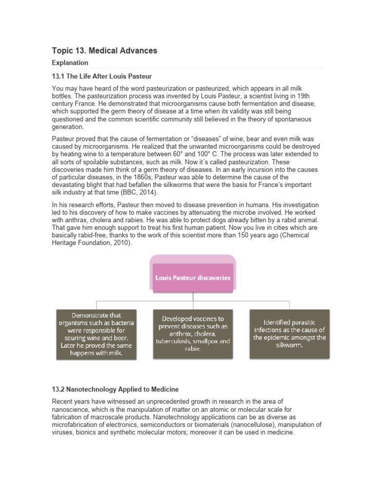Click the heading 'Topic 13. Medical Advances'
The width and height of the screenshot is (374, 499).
point(104,51)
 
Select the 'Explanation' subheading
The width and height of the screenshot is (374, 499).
point(70,63)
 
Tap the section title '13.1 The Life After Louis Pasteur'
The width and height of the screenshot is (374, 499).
point(102,77)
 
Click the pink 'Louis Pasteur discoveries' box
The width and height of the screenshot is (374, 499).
point(193,278)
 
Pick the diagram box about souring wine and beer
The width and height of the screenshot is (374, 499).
point(96,334)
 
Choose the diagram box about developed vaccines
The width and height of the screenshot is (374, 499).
point(193,334)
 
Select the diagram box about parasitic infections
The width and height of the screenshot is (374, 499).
point(290,334)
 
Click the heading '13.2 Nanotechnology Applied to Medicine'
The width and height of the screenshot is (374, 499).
point(115,389)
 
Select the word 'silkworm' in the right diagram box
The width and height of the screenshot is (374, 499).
point(290,345)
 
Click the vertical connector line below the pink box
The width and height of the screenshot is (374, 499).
point(193,297)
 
